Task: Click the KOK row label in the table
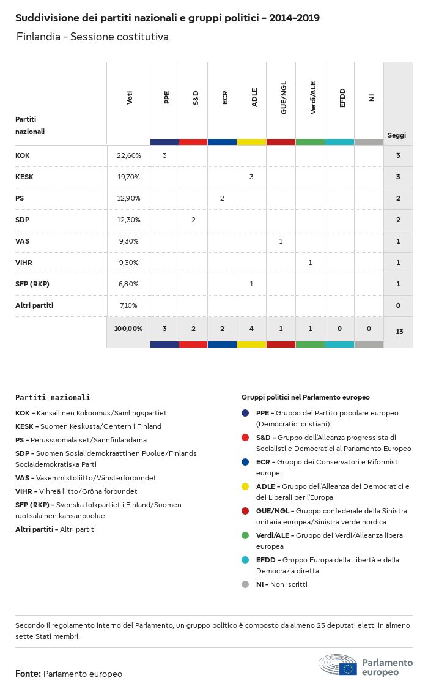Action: pos(23,155)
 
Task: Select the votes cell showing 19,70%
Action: pos(128,177)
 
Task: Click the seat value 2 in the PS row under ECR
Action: pos(222,198)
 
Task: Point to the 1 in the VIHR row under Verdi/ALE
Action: pos(310,263)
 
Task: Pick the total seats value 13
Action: pos(399,332)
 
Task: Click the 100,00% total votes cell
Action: pos(128,329)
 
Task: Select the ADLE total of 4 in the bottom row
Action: pos(251,329)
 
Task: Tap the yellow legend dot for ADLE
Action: pos(245,486)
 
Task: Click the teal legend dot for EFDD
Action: pos(245,560)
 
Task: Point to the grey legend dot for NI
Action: pos(245,584)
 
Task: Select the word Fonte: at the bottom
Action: pos(28,674)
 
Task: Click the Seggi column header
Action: pos(397,135)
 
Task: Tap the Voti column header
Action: pos(130,98)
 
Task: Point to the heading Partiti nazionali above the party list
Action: pos(53,397)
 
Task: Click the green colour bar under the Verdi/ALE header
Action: pos(310,142)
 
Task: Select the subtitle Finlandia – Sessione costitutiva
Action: pos(92,37)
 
